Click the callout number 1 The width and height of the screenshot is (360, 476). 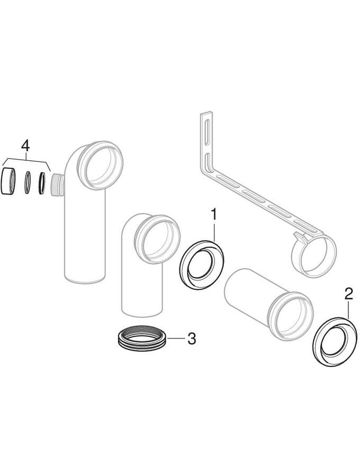coord(214,214)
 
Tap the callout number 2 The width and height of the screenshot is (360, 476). coord(348,295)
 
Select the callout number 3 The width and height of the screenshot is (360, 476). coord(192,338)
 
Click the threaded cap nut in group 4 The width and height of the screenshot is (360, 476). coord(8,181)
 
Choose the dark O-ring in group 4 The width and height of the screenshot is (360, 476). coord(42,183)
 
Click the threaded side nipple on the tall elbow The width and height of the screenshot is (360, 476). coord(57,186)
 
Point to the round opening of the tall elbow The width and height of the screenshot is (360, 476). coord(101,166)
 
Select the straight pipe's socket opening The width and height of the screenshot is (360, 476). coord(291,316)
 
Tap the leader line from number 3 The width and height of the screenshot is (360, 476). coord(176,338)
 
